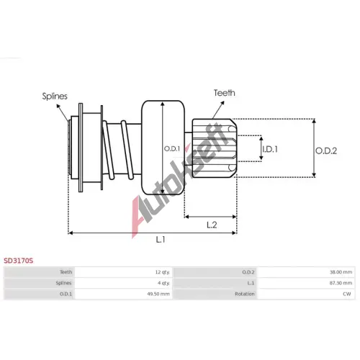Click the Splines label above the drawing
coord(55,96)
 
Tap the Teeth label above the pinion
coord(225,93)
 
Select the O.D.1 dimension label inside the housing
coord(172,149)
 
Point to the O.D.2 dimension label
coord(326,150)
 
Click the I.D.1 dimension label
coord(270,149)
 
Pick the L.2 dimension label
coord(212,225)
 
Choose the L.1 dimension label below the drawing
coord(161,239)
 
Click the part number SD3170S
coord(19,261)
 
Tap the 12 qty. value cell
coord(162,272)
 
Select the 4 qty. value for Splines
coord(163,283)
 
